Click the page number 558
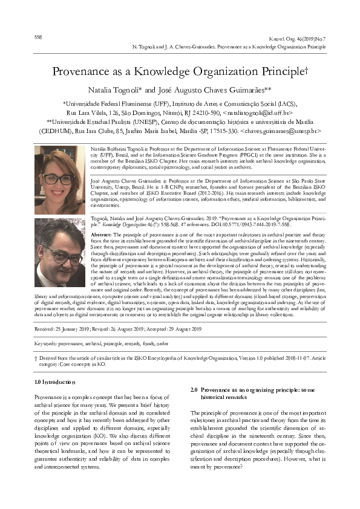click(38, 36)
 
